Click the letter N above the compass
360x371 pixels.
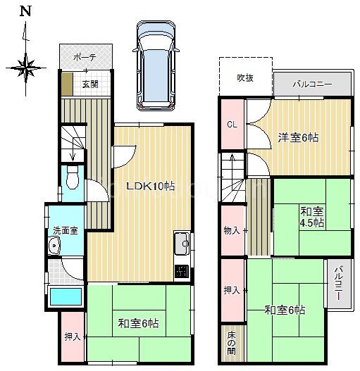25,11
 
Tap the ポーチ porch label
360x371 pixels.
85,58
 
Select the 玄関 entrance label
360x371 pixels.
90,84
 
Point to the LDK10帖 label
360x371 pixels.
151,187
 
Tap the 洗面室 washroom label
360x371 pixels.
66,231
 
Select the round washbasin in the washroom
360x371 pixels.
54,246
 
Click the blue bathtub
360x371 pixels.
66,296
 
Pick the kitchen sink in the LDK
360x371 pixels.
182,244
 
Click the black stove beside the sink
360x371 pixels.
182,271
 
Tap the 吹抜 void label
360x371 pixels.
245,78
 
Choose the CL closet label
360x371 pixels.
232,125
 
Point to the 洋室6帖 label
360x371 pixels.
298,137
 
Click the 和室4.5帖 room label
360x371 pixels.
312,217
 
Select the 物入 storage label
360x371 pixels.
232,230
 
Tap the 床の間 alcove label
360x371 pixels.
231,343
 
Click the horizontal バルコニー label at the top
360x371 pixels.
312,84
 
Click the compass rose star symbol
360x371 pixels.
25,68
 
